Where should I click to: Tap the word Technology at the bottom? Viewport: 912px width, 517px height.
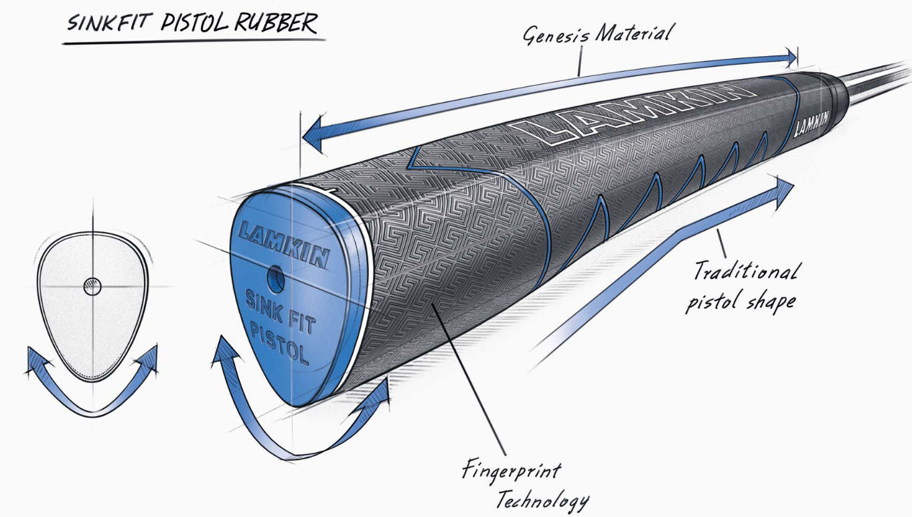(x=542, y=499)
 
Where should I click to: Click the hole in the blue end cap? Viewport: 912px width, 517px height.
(x=275, y=275)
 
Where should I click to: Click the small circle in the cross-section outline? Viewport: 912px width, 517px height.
(x=92, y=287)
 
